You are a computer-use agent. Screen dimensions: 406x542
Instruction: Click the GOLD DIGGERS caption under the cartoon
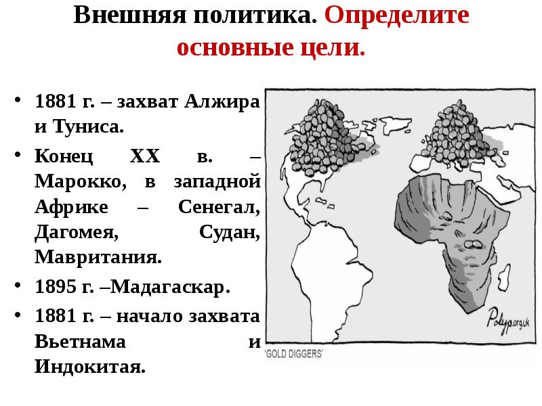[295, 354]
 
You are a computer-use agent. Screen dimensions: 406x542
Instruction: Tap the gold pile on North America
[318, 132]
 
